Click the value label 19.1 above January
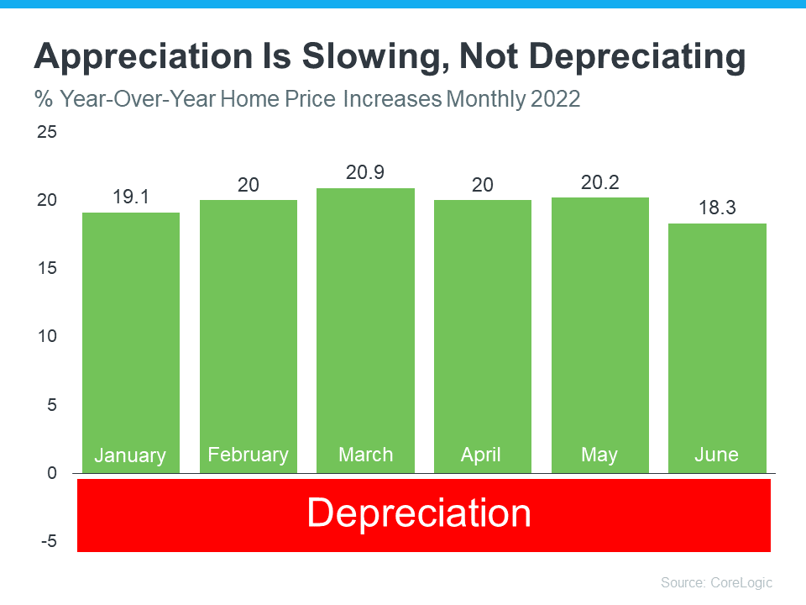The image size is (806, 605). pos(130,197)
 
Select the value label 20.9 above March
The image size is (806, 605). pos(365,172)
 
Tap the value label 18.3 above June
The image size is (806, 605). pos(717,208)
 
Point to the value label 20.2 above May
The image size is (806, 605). pos(599,181)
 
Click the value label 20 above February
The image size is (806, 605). pos(248,184)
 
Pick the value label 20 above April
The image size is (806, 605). pos(482,184)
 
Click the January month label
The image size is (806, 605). pos(130,455)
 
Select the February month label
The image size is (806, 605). pos(248,455)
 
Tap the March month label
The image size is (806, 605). pos(365,455)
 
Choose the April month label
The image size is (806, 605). pos(481,455)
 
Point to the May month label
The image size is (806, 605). pos(599,455)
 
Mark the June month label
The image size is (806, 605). pos(716,455)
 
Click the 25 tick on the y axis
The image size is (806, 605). pos(47,132)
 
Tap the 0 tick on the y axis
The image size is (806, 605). pos(52,473)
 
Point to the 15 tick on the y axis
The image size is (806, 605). pos(47,268)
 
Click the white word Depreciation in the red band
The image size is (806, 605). pos(419,513)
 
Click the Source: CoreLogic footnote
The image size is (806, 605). pos(716,582)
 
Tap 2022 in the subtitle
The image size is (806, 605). pos(555,99)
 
